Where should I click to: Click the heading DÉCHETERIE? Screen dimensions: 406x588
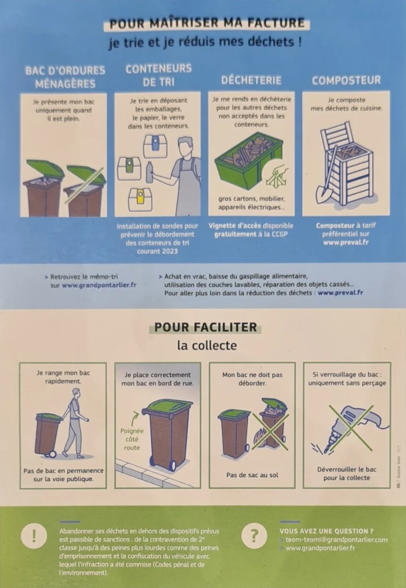[251, 80]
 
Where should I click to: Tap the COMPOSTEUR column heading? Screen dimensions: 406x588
[346, 80]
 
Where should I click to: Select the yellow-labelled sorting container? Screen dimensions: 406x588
[140, 199]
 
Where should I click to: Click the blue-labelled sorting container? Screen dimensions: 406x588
[155, 146]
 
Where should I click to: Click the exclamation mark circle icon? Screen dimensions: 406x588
[34, 536]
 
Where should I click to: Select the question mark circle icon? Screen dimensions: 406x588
[254, 536]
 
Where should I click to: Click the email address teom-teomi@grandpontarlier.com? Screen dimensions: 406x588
[337, 540]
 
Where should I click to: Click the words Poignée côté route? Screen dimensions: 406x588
[132, 439]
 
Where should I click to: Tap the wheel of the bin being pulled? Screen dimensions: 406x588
[52, 454]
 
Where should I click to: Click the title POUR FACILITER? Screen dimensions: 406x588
[206, 327]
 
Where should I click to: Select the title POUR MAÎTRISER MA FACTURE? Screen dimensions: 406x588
[207, 23]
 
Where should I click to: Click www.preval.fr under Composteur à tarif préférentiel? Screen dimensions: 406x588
[346, 242]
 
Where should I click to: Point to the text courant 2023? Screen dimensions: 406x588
[157, 252]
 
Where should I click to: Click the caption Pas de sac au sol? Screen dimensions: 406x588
[252, 475]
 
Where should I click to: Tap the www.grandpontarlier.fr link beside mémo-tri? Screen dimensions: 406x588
[99, 285]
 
